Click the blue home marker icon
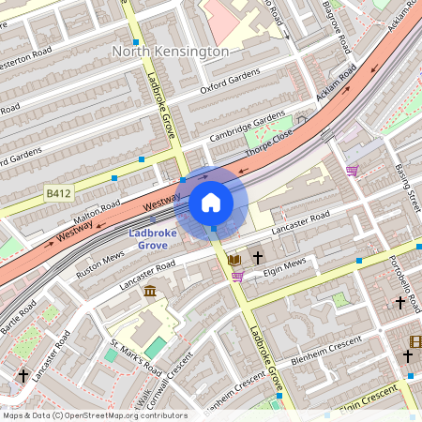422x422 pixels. [x=211, y=202]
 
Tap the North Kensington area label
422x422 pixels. [x=170, y=52]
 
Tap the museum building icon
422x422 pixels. [x=150, y=292]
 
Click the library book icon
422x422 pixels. [x=234, y=258]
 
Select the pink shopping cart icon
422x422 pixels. [x=353, y=171]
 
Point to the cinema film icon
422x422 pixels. [x=415, y=341]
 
